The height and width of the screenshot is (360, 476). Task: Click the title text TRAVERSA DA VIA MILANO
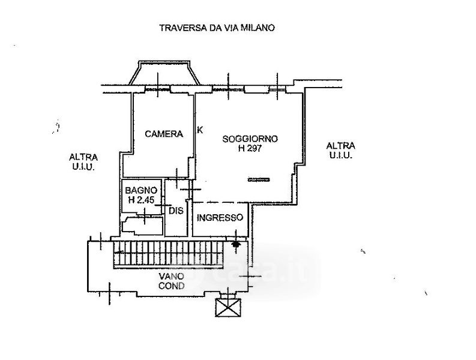(x=217, y=28)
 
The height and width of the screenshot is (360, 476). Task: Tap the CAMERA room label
(x=164, y=134)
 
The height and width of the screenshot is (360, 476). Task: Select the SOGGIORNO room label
(x=250, y=139)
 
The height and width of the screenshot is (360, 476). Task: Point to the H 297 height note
(x=250, y=148)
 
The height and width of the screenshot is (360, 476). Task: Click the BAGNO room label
(x=141, y=190)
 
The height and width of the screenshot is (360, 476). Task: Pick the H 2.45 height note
(x=142, y=200)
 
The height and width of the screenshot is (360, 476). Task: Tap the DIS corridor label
(x=176, y=211)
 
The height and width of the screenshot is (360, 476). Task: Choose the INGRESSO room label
(x=220, y=218)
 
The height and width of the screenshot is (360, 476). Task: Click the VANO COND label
(x=172, y=281)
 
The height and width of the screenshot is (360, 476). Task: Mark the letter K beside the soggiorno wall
(x=200, y=130)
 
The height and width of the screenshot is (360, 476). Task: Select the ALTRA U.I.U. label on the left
(x=83, y=162)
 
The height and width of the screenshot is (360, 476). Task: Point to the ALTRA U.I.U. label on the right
(x=340, y=151)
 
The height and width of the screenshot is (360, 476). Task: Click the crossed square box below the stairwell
(x=228, y=307)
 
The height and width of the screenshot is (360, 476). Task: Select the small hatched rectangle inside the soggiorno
(x=259, y=179)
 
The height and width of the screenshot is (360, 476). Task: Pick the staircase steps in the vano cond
(x=169, y=254)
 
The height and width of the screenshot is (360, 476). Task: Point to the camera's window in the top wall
(x=157, y=89)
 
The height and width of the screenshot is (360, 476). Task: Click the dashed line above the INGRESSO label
(x=221, y=202)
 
